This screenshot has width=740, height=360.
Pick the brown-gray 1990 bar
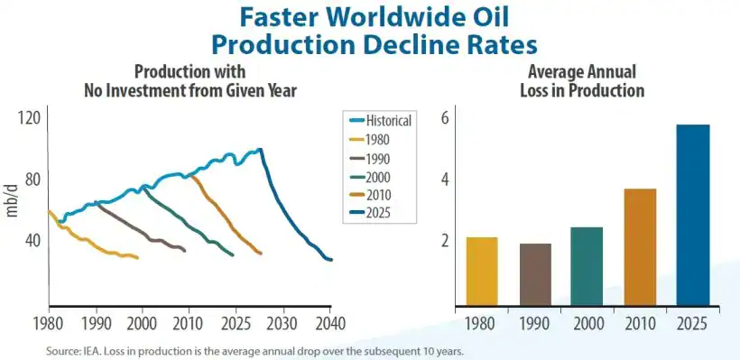coord(535,274)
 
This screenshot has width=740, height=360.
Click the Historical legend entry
coord(381,120)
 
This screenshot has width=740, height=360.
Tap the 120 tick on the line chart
coord(31,117)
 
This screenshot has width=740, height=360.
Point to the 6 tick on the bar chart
coord(444,117)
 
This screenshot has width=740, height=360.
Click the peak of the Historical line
coord(260,150)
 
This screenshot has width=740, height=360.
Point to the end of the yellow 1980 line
coord(137,258)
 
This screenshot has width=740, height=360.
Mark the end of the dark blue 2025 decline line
coord(331,260)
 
